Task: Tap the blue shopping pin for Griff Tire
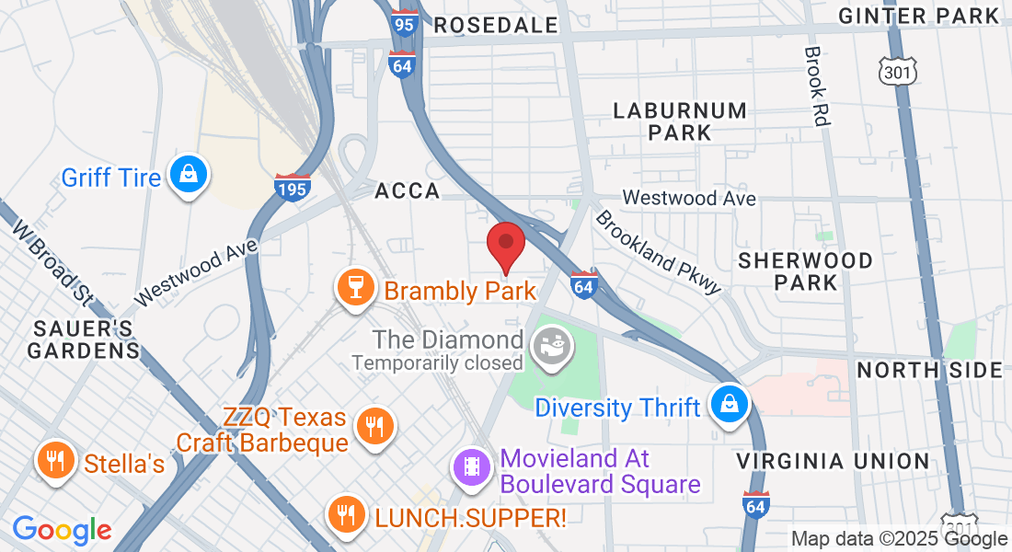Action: [x=189, y=176]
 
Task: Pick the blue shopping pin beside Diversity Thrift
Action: [x=730, y=404]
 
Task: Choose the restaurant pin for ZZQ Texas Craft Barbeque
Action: [x=374, y=427]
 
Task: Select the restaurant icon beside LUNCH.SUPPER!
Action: [x=347, y=516]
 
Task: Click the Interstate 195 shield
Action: [x=292, y=188]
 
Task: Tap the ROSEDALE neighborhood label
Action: [x=496, y=25]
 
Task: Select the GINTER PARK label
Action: [x=919, y=16]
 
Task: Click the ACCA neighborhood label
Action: [x=408, y=191]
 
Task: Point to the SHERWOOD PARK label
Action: [x=805, y=271]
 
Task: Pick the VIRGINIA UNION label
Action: [x=834, y=461]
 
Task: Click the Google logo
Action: [x=62, y=530]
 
